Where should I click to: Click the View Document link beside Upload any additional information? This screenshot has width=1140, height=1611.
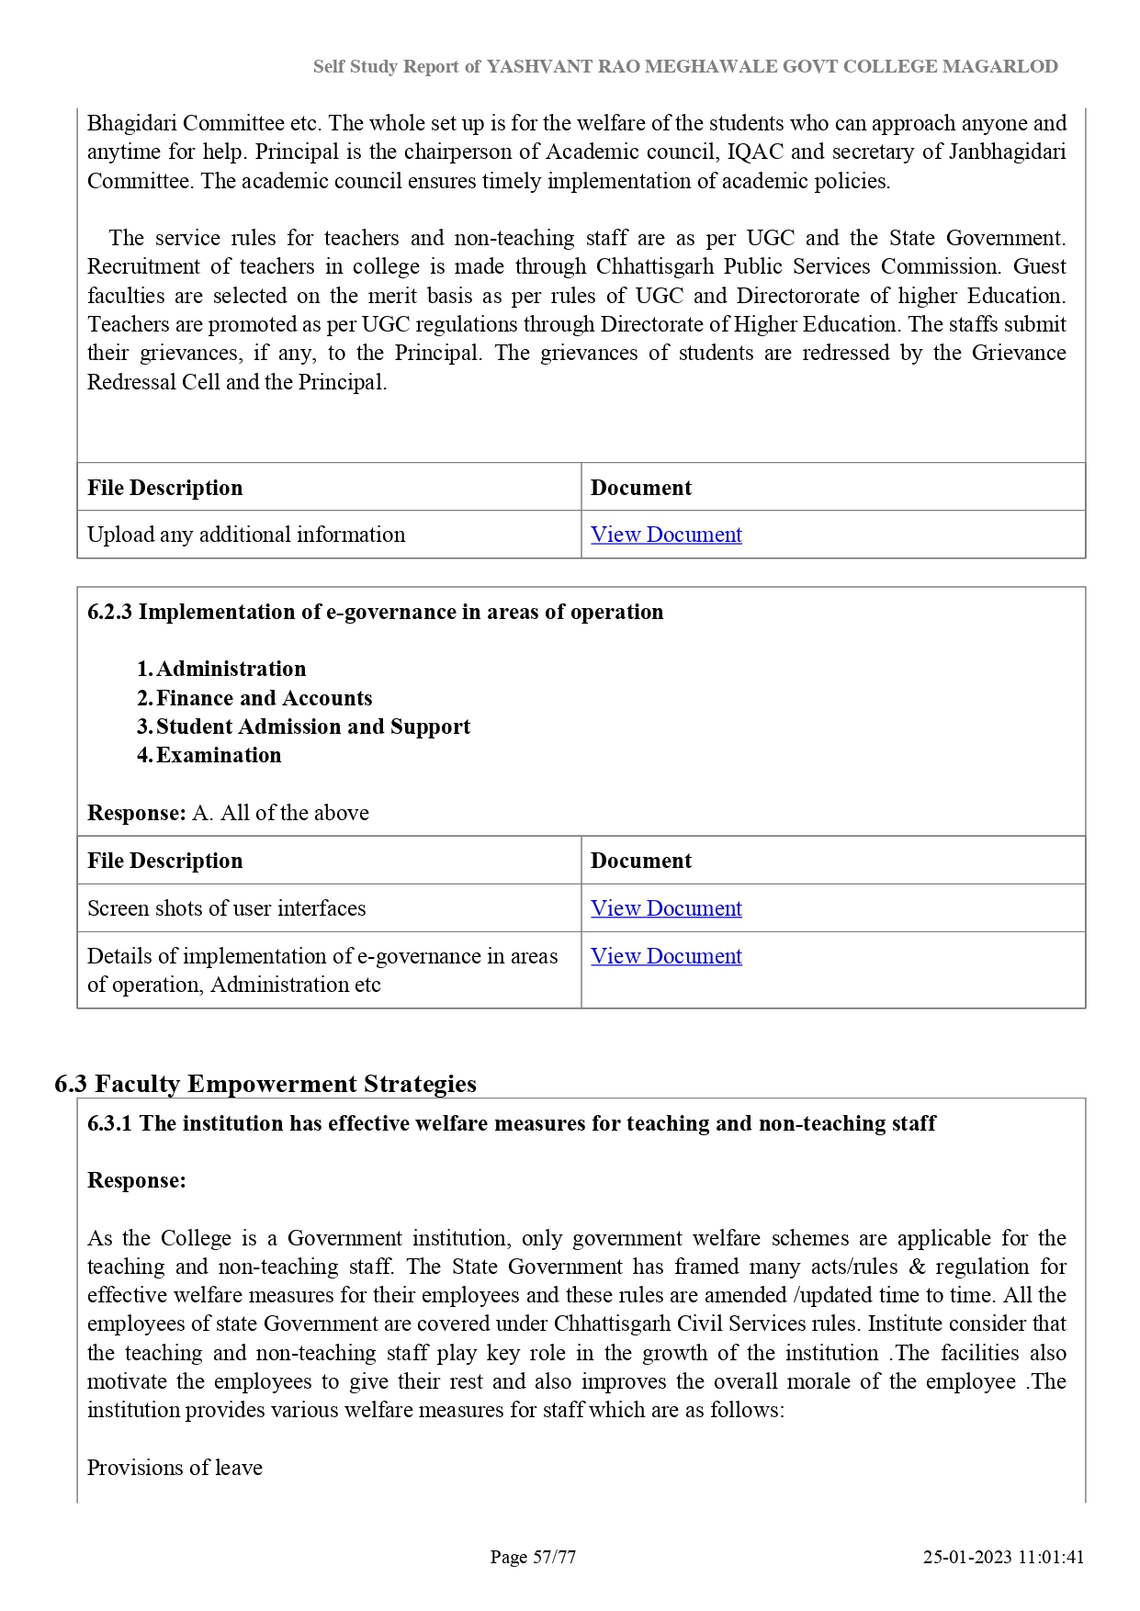pos(666,535)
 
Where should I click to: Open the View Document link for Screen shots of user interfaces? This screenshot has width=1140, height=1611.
pos(666,908)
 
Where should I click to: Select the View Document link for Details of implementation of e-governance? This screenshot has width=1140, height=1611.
pos(666,956)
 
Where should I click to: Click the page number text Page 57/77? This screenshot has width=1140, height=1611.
pos(533,1557)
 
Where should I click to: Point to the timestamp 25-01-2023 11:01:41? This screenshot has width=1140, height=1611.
pos(1003,1557)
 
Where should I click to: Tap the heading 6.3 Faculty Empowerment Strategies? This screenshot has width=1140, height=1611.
pos(265,1084)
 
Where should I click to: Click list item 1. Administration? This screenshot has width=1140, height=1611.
pos(221,669)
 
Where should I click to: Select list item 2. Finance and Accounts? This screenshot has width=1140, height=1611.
pos(254,698)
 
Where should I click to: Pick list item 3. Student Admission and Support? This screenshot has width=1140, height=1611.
pos(303,727)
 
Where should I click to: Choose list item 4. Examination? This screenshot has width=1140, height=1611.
pos(209,755)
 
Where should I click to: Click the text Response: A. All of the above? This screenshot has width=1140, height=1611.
pos(228,813)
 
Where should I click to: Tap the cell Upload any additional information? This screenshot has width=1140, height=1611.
pos(246,535)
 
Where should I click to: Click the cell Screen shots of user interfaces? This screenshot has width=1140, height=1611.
pos(227,908)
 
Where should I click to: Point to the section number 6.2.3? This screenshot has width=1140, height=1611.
pos(110,613)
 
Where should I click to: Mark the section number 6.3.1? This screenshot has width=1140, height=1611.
pos(110,1123)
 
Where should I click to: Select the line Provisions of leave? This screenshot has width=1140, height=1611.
pos(175,1468)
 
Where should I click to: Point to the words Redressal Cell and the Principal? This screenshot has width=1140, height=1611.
pos(237,382)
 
